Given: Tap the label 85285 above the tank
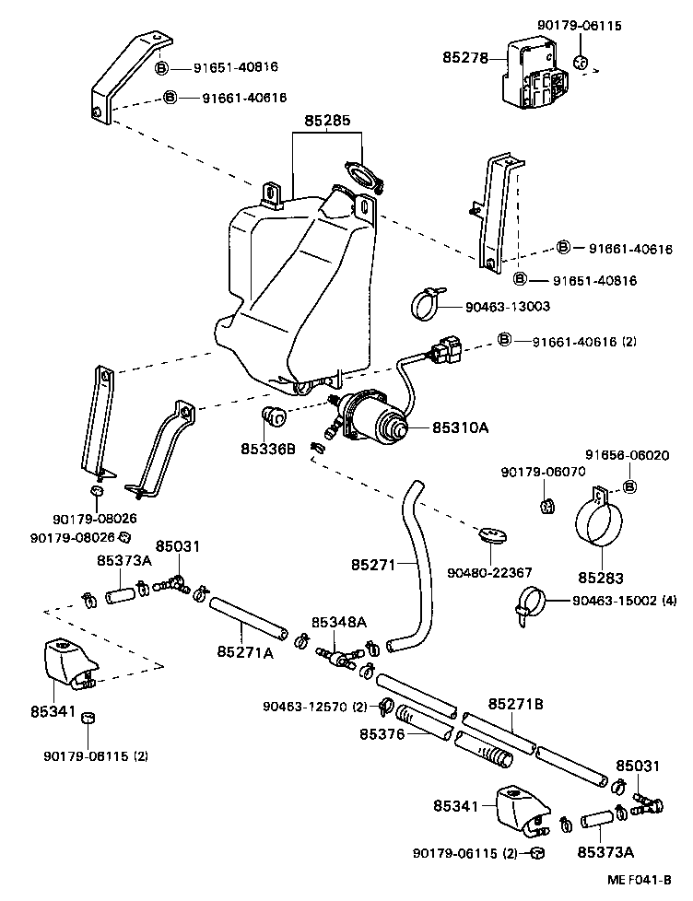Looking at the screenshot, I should (x=328, y=121).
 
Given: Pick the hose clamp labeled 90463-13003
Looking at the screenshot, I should (x=425, y=305).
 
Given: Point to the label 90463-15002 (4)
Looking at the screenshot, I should (x=624, y=601).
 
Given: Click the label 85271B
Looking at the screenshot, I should (x=515, y=703).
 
